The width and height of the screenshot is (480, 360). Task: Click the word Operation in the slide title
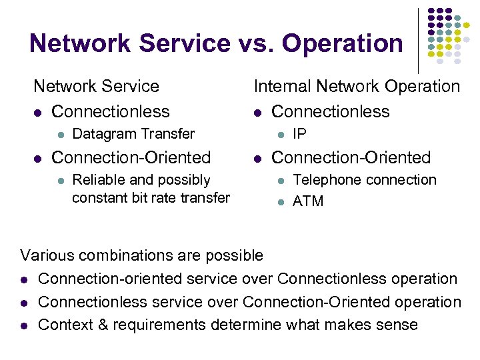pyautogui.click(x=343, y=44)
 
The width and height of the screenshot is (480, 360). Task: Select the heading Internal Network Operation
pyautogui.click(x=357, y=86)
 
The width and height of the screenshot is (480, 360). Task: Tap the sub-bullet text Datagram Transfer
pyautogui.click(x=133, y=134)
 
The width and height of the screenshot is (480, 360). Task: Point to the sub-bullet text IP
pyautogui.click(x=300, y=134)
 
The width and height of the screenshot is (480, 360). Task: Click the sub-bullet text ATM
pyautogui.click(x=308, y=201)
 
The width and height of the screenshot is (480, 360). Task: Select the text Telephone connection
pyautogui.click(x=365, y=180)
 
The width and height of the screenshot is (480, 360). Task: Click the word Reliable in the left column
pyautogui.click(x=97, y=180)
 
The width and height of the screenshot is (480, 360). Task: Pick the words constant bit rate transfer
pyautogui.click(x=151, y=197)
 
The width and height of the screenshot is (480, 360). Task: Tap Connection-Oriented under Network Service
pyautogui.click(x=131, y=158)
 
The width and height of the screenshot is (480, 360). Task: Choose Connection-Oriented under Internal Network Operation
pyautogui.click(x=351, y=158)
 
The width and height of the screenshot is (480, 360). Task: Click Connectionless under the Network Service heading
pyautogui.click(x=111, y=111)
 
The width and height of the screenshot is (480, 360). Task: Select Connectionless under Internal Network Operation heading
pyautogui.click(x=331, y=111)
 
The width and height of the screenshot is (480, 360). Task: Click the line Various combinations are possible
pyautogui.click(x=142, y=255)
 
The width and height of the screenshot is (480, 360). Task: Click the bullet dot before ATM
pyautogui.click(x=281, y=201)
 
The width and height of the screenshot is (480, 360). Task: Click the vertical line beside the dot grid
pyautogui.click(x=418, y=40)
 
